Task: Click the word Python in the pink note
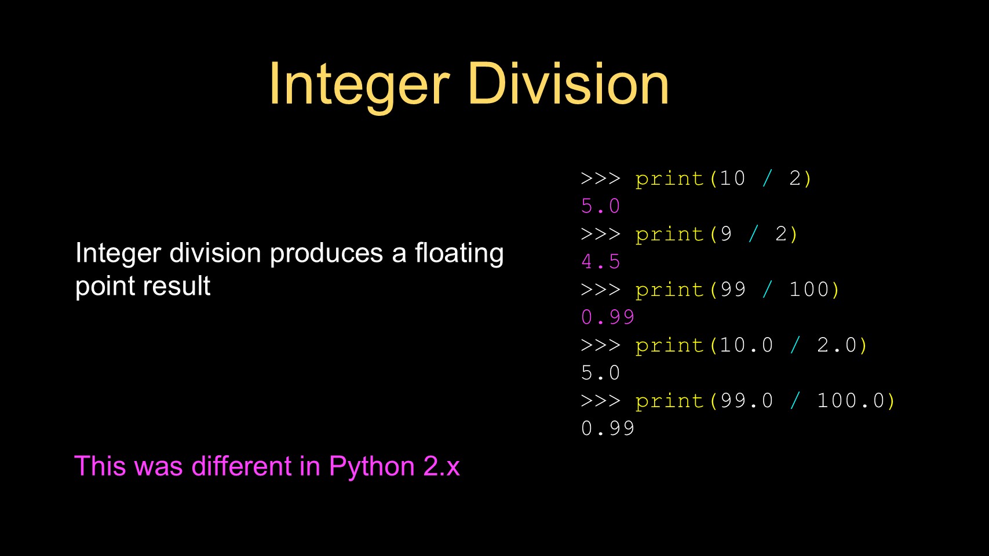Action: pos(372,467)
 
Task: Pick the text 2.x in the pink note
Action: pos(441,466)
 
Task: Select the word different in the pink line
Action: pos(242,466)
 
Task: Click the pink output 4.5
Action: pos(600,262)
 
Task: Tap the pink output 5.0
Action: pos(600,206)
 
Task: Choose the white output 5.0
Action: pos(600,373)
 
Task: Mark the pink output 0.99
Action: pos(608,317)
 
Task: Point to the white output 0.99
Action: pos(608,429)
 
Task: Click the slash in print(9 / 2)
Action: pos(754,234)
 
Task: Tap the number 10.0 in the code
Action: pos(747,345)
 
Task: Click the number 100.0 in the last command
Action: pos(851,401)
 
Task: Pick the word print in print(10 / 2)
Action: pos(669,179)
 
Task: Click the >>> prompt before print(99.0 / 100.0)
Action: pos(600,401)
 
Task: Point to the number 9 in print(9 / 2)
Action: pos(726,234)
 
